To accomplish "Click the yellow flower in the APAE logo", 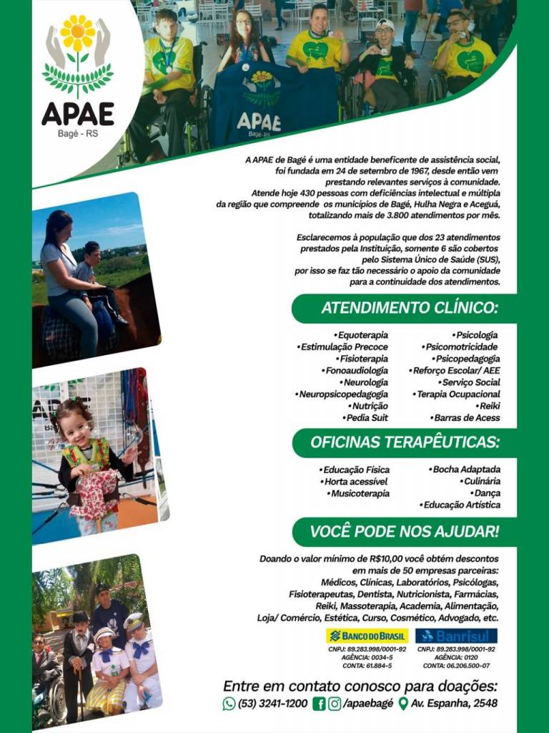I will (x=78, y=34).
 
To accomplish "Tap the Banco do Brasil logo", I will (x=367, y=636).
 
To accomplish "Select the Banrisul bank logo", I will (x=456, y=636).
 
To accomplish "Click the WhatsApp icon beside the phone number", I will (x=229, y=704).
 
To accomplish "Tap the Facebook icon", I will (x=320, y=704).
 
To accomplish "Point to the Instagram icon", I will (x=335, y=704).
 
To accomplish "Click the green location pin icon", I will (x=402, y=704).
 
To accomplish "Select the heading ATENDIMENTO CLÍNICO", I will (x=408, y=309).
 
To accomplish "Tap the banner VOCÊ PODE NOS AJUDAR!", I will (x=404, y=532).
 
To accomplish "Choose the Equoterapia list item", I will (x=361, y=334).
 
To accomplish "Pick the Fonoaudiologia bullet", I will (x=355, y=370).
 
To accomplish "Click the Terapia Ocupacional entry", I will (x=458, y=394).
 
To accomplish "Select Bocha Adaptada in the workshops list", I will (x=465, y=470).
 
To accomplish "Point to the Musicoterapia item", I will (x=359, y=493).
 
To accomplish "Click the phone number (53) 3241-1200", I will (x=273, y=704).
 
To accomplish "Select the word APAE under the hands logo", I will (x=77, y=113).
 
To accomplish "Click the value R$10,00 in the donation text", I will (x=389, y=558).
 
